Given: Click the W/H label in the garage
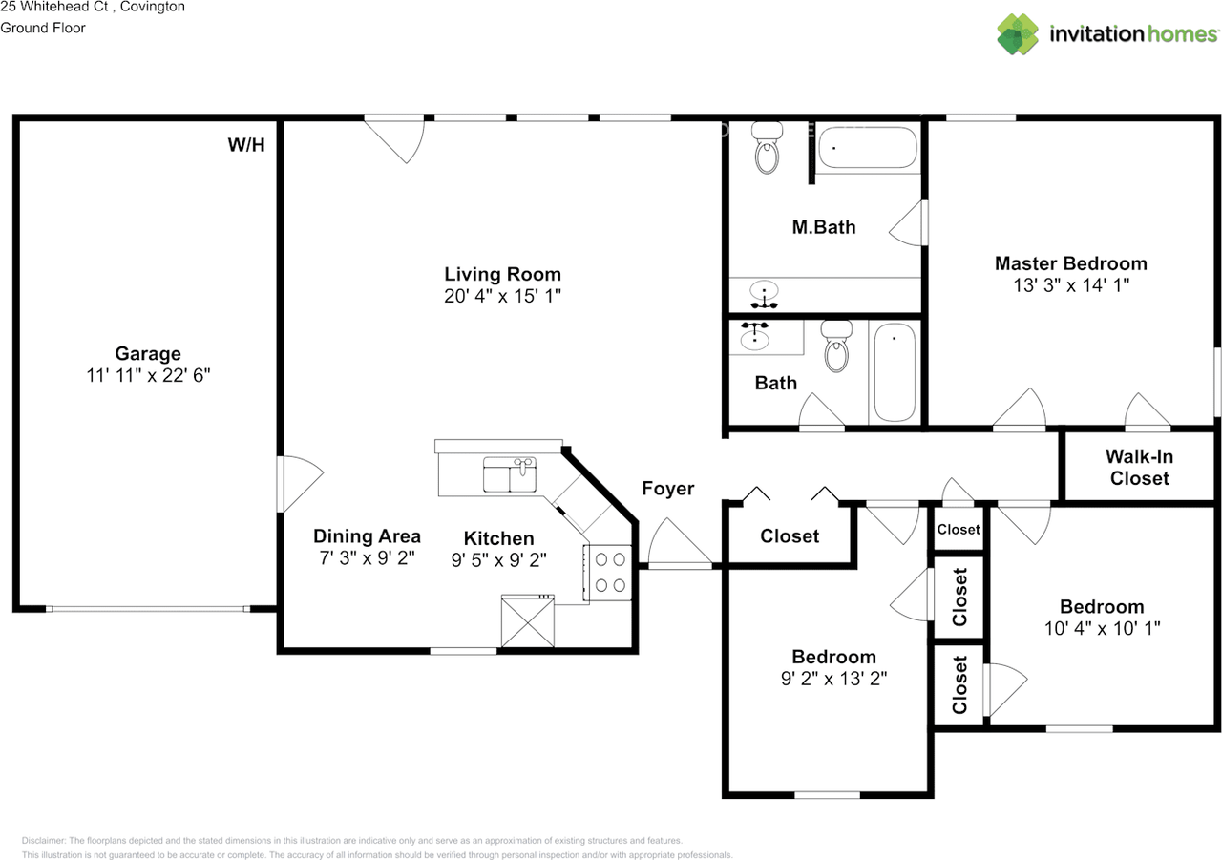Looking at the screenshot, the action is point(246,145).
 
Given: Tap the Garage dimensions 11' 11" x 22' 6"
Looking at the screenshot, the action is point(148,375).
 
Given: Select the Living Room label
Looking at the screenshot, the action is point(502,274).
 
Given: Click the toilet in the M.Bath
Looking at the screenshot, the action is point(767,147).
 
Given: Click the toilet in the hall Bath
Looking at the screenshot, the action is point(837,346).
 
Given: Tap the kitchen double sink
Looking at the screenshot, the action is point(510,474).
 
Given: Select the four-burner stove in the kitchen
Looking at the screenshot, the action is point(608,573).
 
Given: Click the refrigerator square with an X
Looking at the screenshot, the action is point(528,621).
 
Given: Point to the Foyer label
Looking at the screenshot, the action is point(667,489).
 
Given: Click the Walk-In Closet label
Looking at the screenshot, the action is point(1139,468).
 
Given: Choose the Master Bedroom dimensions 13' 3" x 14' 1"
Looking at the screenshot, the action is point(1071,285).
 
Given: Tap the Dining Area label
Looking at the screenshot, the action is point(367,536).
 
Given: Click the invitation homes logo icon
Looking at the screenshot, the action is point(1018,34).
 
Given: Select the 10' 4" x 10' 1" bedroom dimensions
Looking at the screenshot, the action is point(1102,628).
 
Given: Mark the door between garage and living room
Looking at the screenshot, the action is point(300,484).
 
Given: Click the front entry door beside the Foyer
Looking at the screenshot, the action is point(680,543).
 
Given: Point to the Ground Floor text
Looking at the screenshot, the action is point(43,28).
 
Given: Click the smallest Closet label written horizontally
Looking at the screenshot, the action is point(959,530).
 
